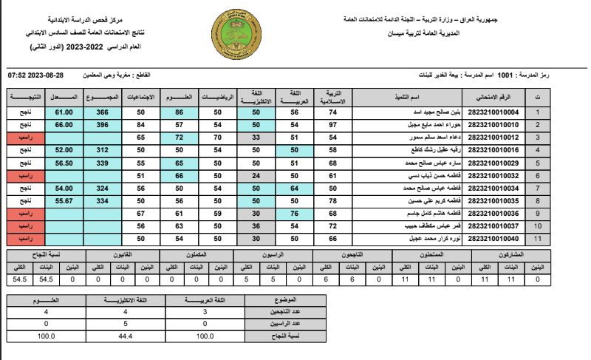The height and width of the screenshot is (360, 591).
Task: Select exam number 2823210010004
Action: [488, 112]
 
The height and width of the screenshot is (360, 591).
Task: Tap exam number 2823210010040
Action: [488, 239]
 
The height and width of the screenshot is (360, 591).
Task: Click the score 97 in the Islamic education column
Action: [332, 125]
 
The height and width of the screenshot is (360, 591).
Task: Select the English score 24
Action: [256, 176]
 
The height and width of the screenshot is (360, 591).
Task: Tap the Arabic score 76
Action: [294, 214]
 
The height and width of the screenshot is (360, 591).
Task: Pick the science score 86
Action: [179, 112]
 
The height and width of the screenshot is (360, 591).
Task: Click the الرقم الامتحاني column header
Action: [488, 98]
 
